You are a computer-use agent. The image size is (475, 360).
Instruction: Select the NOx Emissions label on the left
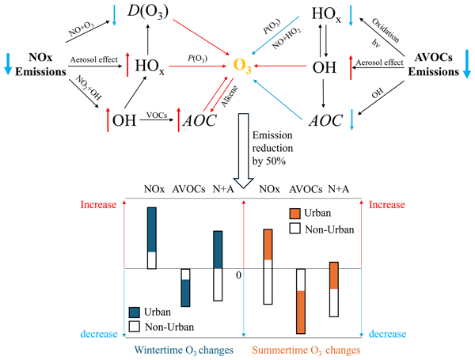click(39, 66)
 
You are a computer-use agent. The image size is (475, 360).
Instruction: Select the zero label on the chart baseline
click(237, 275)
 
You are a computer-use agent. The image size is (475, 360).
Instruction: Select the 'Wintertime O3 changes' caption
click(179, 350)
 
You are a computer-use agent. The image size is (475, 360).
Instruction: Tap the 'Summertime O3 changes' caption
click(306, 350)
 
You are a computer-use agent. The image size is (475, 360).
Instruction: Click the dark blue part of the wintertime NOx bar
click(152, 229)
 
